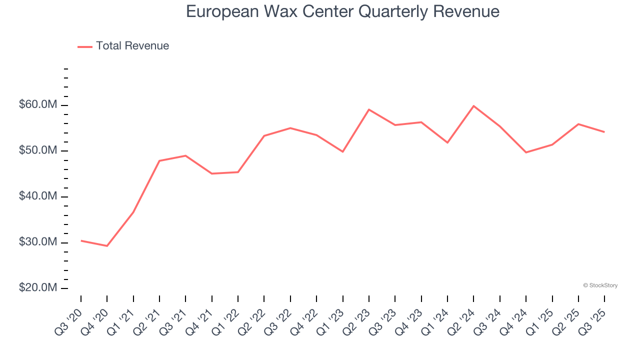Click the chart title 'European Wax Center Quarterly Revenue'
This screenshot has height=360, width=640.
pos(342,11)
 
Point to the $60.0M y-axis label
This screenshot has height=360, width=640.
pos(38,105)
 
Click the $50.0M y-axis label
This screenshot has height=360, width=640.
pos(38,151)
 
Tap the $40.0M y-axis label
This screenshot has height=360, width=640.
pos(38,196)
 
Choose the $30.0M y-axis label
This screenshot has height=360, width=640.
pos(38,242)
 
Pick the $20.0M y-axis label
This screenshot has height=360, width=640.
pos(38,288)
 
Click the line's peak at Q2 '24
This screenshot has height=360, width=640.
pos(473,106)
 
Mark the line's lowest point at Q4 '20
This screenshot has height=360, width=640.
pos(107,246)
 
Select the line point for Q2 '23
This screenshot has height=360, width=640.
pos(368,109)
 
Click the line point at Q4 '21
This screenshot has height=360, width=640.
pos(212,173)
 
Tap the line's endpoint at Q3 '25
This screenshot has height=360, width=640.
pos(604,132)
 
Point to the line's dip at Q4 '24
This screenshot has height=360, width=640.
pos(526,152)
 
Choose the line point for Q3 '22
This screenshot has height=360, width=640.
pos(290,128)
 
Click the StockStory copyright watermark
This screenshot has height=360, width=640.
pos(600,285)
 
